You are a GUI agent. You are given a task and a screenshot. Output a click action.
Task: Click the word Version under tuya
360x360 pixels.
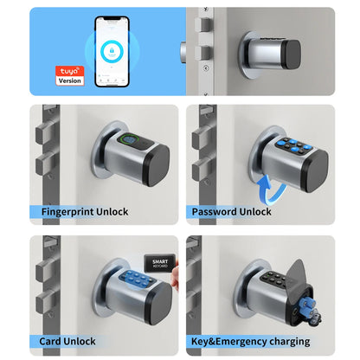click(68, 80)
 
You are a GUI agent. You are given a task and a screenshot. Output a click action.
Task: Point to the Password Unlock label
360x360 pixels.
click(231, 211)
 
